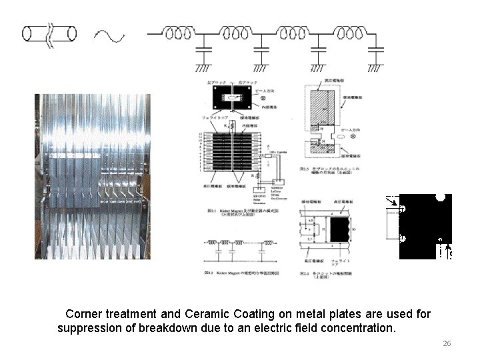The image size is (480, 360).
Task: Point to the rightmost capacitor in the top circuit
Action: (377, 49)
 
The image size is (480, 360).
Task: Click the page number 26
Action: (447, 343)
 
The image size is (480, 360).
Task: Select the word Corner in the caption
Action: (84, 313)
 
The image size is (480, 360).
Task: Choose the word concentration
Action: (358, 329)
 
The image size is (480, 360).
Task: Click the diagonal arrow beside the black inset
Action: (394, 201)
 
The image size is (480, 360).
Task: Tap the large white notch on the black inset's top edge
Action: (441, 197)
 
